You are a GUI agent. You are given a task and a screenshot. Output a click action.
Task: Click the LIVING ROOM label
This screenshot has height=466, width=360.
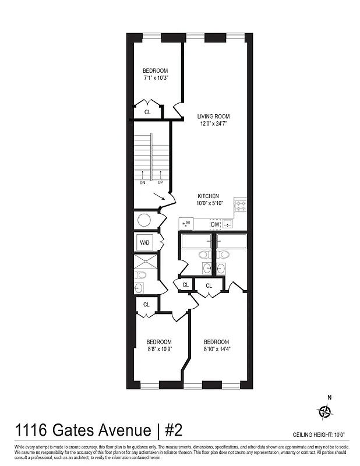[x=214, y=116]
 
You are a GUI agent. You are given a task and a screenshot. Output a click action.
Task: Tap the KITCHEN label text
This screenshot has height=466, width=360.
[x=208, y=196]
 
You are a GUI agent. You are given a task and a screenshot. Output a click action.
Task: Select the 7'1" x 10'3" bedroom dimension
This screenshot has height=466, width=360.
[x=156, y=77]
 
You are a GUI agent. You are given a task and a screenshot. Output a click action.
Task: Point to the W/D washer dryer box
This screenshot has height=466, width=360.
[x=144, y=242]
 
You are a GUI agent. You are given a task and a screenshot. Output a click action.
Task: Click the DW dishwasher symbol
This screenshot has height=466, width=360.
[x=215, y=224]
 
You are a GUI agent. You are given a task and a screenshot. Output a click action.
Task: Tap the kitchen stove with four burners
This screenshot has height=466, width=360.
[x=241, y=206]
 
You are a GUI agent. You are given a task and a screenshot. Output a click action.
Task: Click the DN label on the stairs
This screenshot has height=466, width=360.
[x=142, y=182]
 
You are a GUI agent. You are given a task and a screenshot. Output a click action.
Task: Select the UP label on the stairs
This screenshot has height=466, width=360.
[x=160, y=182]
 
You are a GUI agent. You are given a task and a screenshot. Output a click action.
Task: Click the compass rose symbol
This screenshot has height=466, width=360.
[x=324, y=412]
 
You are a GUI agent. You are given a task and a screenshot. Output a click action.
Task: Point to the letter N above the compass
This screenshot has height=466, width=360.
[x=329, y=398]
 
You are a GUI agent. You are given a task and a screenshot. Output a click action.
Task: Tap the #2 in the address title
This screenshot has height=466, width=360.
[x=174, y=430]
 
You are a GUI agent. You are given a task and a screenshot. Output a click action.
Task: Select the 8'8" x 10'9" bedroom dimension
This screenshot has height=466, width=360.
[x=159, y=349]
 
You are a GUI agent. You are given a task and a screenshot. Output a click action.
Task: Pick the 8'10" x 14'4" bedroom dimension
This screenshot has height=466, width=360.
[x=217, y=349]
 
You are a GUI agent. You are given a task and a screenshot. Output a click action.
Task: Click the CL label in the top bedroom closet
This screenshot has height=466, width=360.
[x=147, y=112]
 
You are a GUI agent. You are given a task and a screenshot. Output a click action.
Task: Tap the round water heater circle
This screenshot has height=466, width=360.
[x=144, y=220]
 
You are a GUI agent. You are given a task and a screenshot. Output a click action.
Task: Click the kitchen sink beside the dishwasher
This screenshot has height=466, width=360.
[x=228, y=224]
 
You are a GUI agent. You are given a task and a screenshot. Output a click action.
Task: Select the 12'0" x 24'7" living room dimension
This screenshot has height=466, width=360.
[x=214, y=123]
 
